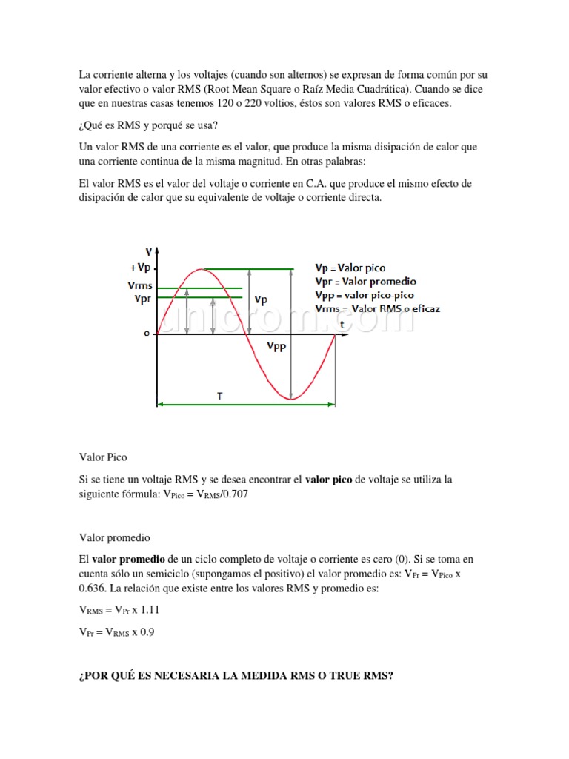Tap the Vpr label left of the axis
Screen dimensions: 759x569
142,299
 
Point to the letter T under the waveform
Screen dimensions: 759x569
219,397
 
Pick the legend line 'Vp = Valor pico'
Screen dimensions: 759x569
350,268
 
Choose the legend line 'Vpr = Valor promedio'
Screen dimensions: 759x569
365,281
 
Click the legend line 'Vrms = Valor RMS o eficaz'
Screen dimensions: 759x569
377,308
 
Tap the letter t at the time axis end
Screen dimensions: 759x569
342,325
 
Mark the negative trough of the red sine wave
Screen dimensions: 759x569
291,399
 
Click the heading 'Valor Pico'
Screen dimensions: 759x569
103,457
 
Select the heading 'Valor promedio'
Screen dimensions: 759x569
114,537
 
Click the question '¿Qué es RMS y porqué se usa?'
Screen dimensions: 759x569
148,124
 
